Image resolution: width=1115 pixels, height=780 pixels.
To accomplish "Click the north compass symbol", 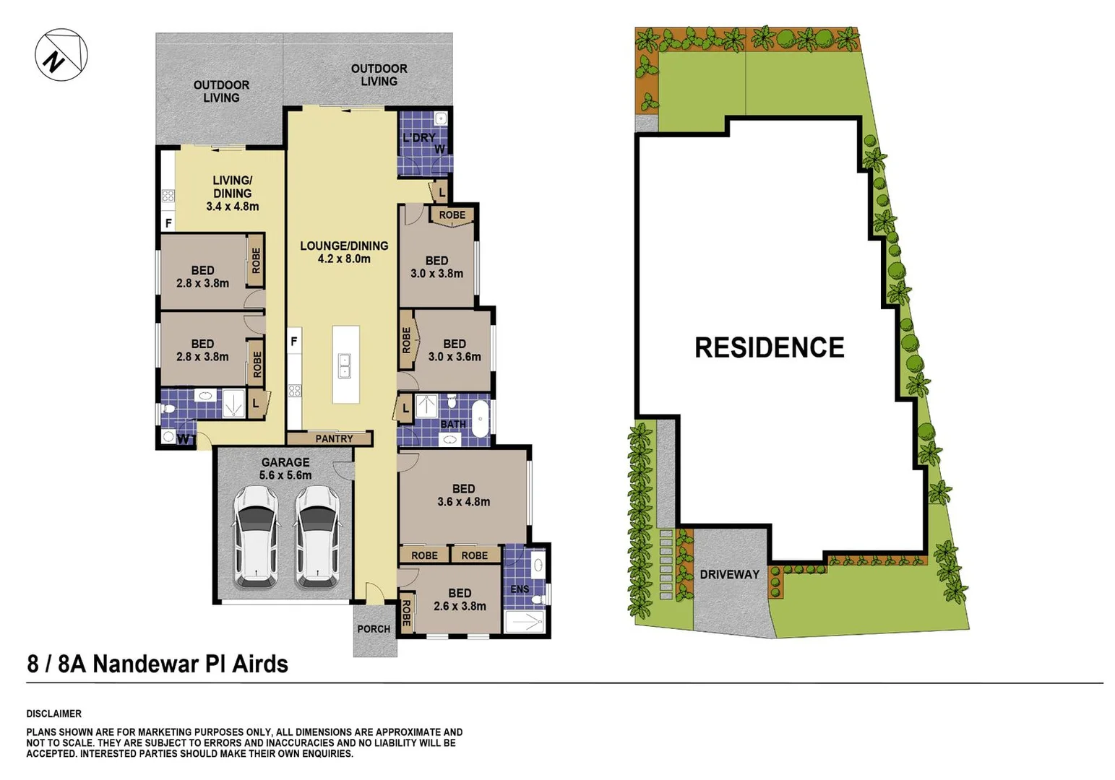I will [x=61, y=55].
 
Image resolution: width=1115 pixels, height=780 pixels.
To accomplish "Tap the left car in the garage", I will [x=256, y=536].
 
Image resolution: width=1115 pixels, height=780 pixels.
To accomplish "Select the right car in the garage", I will [x=317, y=536].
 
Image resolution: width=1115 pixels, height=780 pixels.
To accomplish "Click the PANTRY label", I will [x=334, y=438].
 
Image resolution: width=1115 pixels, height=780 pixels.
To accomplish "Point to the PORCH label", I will [x=374, y=629].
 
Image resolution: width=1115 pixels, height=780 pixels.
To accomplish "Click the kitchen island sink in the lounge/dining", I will [x=345, y=366].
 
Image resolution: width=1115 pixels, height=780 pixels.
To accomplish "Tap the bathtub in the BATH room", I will [x=480, y=420].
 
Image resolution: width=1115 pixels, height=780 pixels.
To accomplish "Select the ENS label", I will [x=520, y=589].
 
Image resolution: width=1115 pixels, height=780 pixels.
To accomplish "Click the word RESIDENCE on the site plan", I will [x=769, y=347].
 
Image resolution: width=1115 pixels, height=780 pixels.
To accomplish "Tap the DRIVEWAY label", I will [x=729, y=574].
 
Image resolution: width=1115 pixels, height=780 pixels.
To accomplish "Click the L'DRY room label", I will [x=419, y=137].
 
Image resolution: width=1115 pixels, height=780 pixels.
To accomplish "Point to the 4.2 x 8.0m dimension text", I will [x=344, y=259].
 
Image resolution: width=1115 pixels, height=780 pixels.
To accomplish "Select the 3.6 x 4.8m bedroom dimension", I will [x=463, y=501].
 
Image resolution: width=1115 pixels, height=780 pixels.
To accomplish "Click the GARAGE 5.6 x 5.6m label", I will [x=285, y=468].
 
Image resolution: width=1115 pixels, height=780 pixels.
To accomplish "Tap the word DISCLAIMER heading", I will [x=54, y=714].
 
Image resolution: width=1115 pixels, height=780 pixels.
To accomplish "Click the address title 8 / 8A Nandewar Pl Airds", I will [x=158, y=664].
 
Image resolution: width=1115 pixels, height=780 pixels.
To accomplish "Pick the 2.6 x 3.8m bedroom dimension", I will [x=460, y=606].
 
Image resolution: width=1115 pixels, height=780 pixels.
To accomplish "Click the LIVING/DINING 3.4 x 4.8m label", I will [x=232, y=193].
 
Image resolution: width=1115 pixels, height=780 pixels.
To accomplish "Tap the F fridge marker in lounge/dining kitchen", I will [x=294, y=341].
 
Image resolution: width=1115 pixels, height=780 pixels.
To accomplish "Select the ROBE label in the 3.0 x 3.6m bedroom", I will [x=406, y=339].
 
